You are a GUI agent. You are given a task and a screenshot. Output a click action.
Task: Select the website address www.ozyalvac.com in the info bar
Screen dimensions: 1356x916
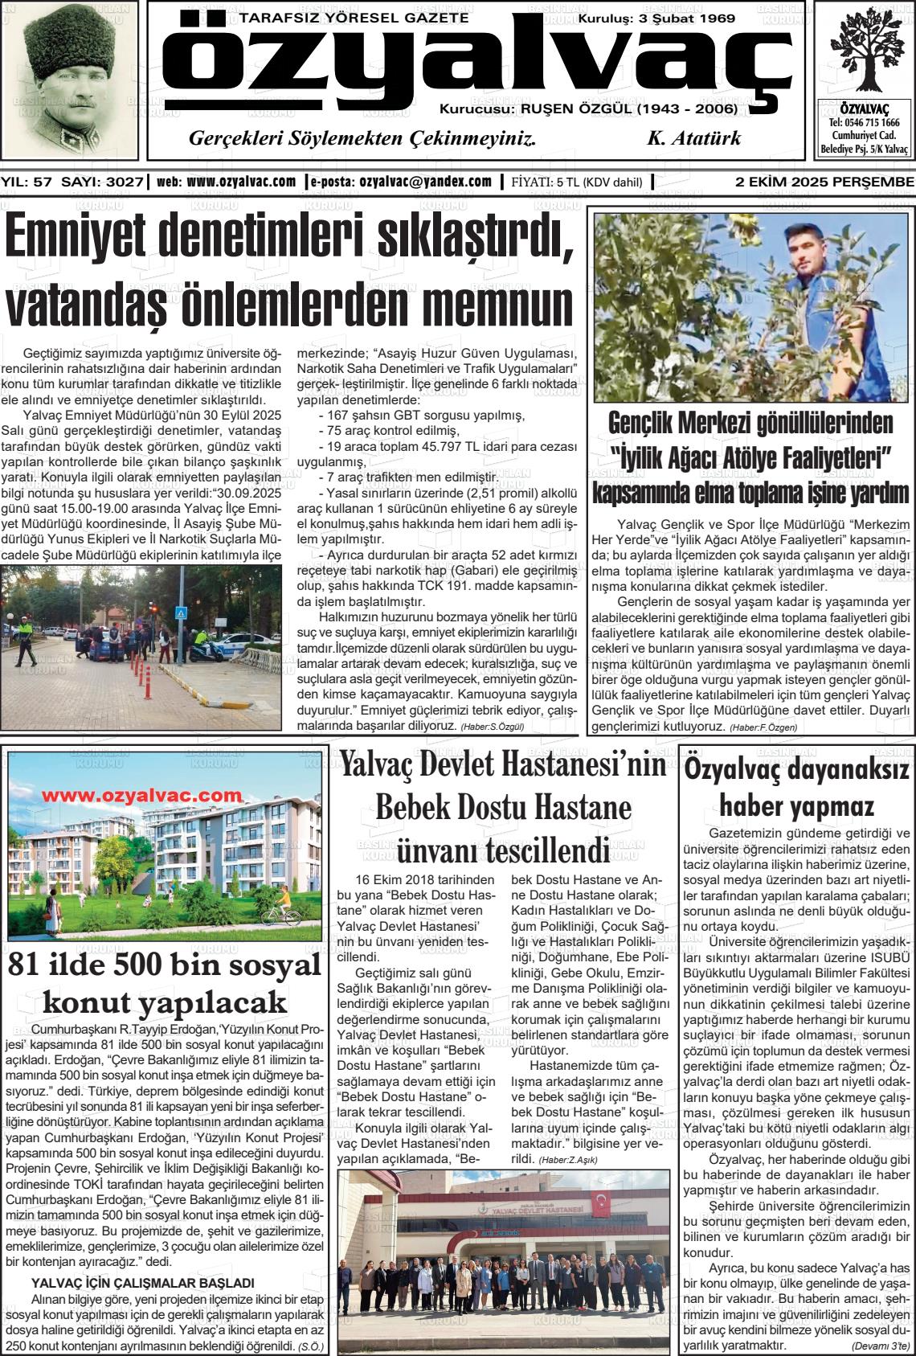[x=241, y=182]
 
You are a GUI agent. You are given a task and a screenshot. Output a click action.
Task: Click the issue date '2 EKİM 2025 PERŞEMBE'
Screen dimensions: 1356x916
[x=824, y=182]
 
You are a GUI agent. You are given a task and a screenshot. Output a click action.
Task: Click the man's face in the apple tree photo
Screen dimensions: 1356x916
[x=806, y=253]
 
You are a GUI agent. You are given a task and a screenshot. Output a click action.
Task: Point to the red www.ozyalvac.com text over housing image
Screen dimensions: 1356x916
[x=136, y=795]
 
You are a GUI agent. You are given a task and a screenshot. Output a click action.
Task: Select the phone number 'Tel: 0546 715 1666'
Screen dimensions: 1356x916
[x=864, y=123]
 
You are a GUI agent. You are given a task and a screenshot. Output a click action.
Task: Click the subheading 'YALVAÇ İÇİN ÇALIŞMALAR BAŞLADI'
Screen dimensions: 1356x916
[x=142, y=1283]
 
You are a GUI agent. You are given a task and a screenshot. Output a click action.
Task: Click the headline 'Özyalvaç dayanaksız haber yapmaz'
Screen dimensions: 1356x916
[x=796, y=788]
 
